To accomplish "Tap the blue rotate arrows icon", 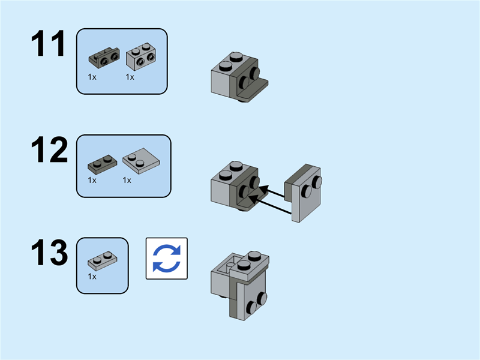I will click(x=167, y=259).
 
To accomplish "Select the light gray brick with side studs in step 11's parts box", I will click(x=141, y=57).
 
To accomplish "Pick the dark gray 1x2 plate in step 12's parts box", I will click(x=101, y=163).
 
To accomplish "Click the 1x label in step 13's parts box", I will click(x=92, y=277).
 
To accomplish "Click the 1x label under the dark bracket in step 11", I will click(x=92, y=77).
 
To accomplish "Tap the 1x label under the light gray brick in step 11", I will click(x=130, y=77).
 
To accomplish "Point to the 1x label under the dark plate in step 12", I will click(x=92, y=180).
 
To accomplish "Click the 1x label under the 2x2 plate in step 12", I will click(x=127, y=180).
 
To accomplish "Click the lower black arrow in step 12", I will click(x=273, y=205).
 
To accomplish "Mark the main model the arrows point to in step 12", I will click(x=235, y=186).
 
